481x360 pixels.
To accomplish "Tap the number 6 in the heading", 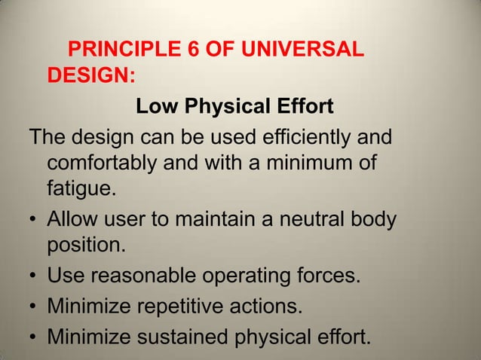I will click(x=187, y=51).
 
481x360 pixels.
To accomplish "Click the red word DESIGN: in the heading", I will click(x=91, y=77).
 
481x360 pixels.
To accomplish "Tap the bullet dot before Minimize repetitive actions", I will click(x=35, y=307).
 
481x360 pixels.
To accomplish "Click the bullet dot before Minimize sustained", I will click(x=35, y=339).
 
